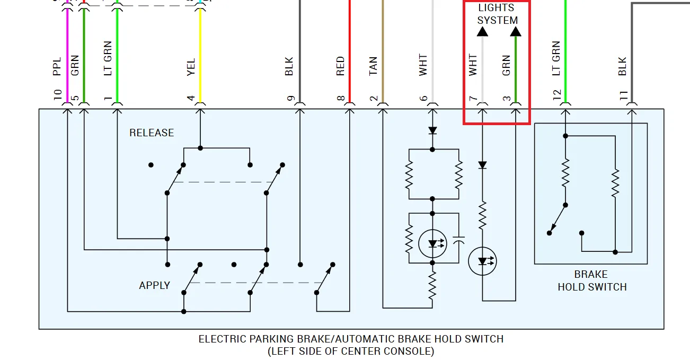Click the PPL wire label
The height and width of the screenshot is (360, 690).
click(57, 66)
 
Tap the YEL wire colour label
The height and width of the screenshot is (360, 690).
click(191, 66)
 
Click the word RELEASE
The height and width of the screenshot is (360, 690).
click(152, 133)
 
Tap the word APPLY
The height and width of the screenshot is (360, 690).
click(154, 285)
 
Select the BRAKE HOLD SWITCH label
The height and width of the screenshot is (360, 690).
click(591, 280)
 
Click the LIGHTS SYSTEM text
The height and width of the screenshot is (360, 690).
click(497, 14)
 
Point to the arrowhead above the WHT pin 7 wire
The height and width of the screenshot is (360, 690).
click(482, 32)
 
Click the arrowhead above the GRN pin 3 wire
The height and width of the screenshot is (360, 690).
click(516, 32)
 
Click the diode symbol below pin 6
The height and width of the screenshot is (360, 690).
click(432, 130)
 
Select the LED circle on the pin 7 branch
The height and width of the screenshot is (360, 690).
click(482, 261)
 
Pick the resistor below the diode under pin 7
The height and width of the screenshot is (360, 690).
click(482, 215)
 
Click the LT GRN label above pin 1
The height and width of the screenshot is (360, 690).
click(108, 58)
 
